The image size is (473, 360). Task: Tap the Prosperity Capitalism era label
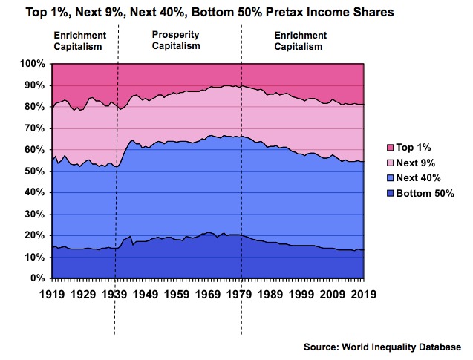pyautogui.click(x=176, y=40)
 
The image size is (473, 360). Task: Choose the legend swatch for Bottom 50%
pyautogui.click(x=379, y=193)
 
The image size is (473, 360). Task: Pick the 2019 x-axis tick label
pyautogui.click(x=362, y=295)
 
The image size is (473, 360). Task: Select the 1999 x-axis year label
pyautogui.click(x=301, y=295)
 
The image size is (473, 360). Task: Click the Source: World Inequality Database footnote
pyautogui.click(x=382, y=347)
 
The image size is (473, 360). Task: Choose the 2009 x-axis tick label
pyautogui.click(x=332, y=295)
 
